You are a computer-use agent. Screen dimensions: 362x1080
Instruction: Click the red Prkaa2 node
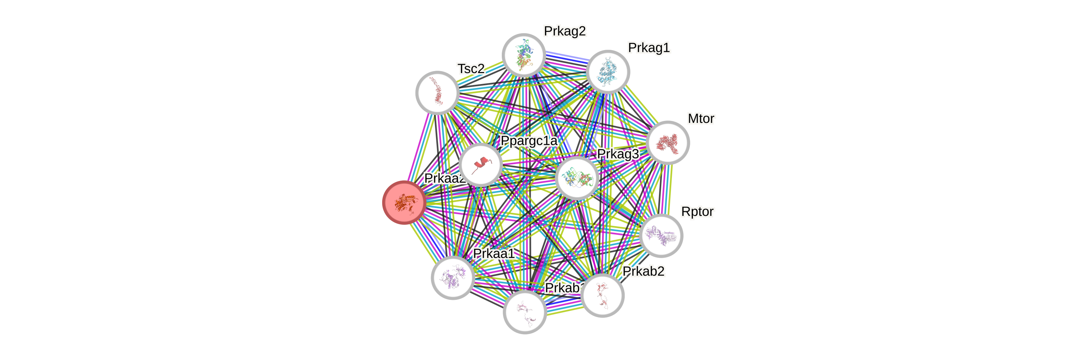coord(404,202)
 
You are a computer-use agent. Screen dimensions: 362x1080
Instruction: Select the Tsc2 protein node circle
coord(437,93)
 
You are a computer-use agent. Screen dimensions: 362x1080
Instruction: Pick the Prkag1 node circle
coord(608,72)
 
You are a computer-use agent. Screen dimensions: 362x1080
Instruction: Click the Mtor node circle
coord(668,142)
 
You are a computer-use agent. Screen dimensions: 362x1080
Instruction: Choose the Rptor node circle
coord(662,235)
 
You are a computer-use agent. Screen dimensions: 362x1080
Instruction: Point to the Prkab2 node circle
coord(602,295)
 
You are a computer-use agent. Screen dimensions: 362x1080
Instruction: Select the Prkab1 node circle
coord(524,312)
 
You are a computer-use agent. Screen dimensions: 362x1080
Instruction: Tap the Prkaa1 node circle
coord(453,277)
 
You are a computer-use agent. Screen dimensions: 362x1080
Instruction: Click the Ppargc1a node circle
coord(481,165)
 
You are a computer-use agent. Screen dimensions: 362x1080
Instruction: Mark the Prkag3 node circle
coord(577,178)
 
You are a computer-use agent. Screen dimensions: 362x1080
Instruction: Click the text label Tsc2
coord(471,68)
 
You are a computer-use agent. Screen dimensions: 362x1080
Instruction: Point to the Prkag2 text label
coord(565,31)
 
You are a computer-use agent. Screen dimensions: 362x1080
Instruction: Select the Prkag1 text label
coord(649,48)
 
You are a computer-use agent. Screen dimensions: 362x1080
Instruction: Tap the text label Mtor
coord(701,119)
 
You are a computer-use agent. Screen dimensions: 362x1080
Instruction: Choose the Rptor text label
coord(697,212)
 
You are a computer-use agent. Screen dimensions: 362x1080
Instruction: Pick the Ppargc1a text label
coord(529,141)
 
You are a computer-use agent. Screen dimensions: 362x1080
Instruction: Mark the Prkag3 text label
coord(618,154)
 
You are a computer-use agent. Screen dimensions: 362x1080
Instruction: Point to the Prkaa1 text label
coord(493,253)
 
